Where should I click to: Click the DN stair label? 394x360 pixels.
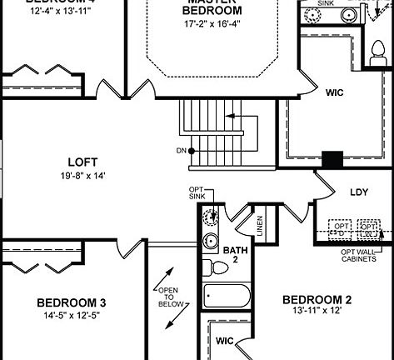pos(181,151)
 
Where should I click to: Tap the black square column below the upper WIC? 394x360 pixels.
pos(332,158)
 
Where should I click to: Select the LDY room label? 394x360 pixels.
pos(358,192)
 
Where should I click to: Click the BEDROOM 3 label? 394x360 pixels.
pos(70,302)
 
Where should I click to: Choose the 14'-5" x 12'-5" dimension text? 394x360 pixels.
pos(70,316)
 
